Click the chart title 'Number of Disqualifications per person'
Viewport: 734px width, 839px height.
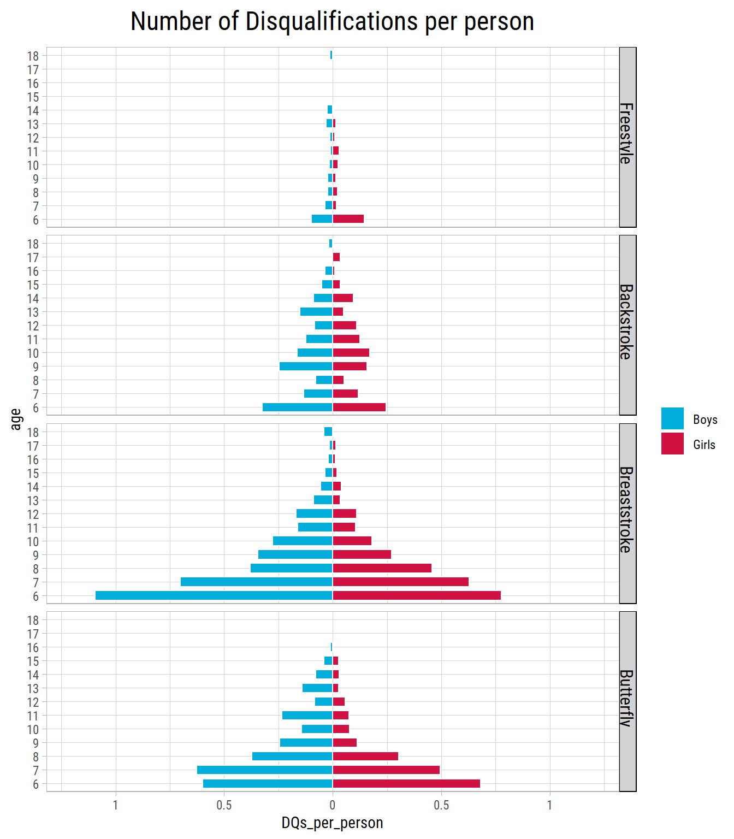click(332, 22)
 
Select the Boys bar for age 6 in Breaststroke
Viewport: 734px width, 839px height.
click(214, 595)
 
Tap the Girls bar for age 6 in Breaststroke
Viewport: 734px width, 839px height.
click(417, 595)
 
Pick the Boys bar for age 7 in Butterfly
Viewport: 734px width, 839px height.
click(265, 770)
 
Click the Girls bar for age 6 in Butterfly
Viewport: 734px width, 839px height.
click(406, 784)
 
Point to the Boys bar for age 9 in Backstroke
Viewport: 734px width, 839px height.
click(306, 366)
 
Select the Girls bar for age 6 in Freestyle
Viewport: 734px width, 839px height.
click(348, 219)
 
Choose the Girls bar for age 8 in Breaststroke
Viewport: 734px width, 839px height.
click(382, 568)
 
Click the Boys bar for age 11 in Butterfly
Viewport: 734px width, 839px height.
click(307, 716)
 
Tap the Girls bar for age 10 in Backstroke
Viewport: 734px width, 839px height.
click(351, 352)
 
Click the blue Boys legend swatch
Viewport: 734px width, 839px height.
click(672, 419)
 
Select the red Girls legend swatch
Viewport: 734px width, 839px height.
click(672, 444)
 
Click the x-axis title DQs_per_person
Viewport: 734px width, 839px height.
click(332, 823)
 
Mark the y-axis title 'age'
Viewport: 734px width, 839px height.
click(16, 419)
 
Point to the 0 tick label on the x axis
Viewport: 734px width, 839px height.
click(332, 805)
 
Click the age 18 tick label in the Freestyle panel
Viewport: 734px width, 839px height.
click(33, 56)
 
